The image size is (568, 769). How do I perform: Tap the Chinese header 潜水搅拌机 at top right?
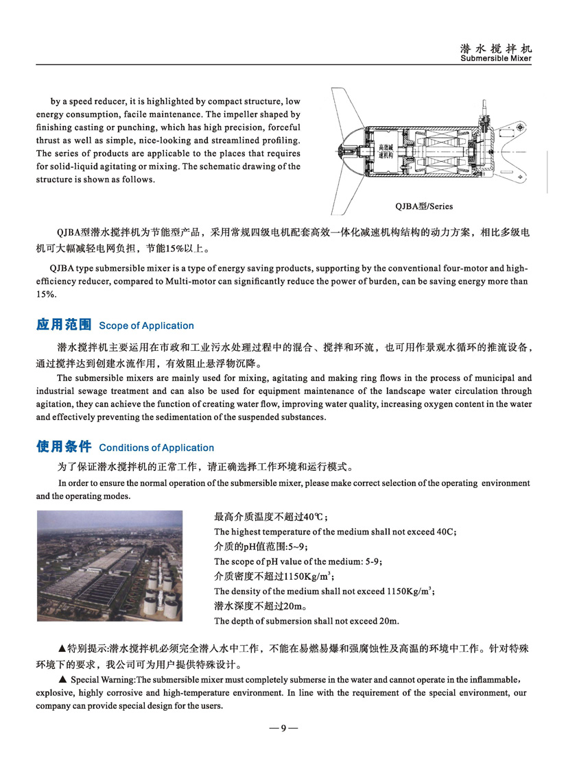pyautogui.click(x=496, y=49)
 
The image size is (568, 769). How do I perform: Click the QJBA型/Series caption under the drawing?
pyautogui.click(x=425, y=206)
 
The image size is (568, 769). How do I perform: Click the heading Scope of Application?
pyautogui.click(x=147, y=326)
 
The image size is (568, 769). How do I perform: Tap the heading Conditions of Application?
pyautogui.click(x=156, y=448)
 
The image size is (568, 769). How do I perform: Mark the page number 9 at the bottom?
pyautogui.click(x=283, y=729)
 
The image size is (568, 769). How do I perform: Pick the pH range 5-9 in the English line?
pyautogui.click(x=371, y=561)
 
